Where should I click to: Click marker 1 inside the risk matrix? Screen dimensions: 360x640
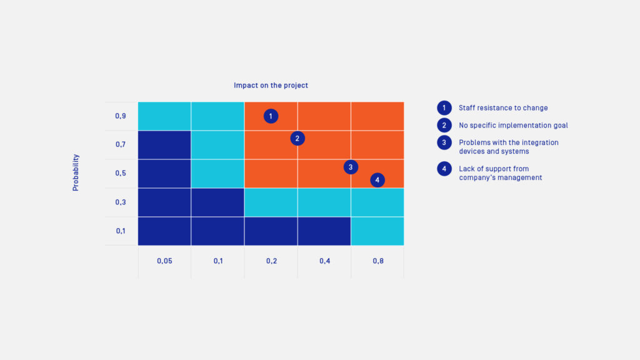click(x=271, y=116)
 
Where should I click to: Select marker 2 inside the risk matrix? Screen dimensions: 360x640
click(x=297, y=138)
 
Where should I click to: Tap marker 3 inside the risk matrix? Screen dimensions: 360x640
click(x=351, y=167)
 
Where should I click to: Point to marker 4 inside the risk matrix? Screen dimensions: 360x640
click(x=377, y=180)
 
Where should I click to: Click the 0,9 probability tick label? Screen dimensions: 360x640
click(x=121, y=116)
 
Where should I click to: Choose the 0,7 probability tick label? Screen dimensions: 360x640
click(x=121, y=145)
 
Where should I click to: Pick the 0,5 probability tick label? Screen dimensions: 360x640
click(x=121, y=173)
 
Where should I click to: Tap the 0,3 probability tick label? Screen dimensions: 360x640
click(x=121, y=202)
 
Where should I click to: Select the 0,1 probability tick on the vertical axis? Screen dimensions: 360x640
click(x=121, y=231)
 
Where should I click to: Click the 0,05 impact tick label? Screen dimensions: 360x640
click(x=164, y=261)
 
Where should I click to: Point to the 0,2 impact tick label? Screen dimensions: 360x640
click(x=271, y=261)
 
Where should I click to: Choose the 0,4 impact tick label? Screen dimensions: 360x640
click(x=324, y=261)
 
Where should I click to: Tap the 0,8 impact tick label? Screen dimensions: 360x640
click(x=377, y=261)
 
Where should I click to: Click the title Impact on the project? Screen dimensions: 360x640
click(x=271, y=85)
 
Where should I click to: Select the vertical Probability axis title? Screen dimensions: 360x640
click(x=76, y=172)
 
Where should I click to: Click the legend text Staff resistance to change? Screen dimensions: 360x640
click(x=503, y=108)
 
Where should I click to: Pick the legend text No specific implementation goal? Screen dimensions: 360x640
click(x=513, y=126)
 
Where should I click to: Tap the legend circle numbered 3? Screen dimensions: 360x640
click(x=444, y=142)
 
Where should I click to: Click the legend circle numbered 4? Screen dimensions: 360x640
click(x=444, y=169)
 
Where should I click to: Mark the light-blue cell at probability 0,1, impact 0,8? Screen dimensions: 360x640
click(x=377, y=231)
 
